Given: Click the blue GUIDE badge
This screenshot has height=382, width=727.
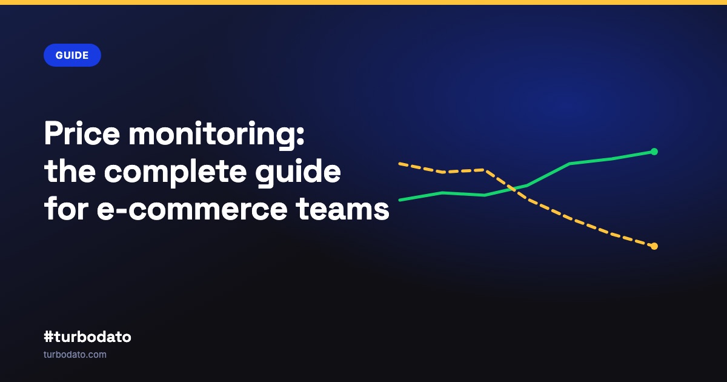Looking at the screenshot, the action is [72, 55].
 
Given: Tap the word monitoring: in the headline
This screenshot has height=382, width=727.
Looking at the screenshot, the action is [217, 135].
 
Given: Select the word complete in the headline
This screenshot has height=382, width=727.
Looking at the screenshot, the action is [175, 173].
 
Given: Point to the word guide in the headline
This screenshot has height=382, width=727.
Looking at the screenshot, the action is [298, 172].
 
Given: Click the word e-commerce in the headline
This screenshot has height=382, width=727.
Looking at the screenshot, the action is [192, 209].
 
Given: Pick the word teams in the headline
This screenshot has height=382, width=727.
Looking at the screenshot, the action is [343, 209].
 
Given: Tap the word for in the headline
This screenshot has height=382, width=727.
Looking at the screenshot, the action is [66, 208].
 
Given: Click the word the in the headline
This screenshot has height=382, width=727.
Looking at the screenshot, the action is [70, 170].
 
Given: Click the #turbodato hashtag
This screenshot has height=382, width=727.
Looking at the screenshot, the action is [87, 337].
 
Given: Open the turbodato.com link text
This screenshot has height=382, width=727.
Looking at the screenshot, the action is [75, 354].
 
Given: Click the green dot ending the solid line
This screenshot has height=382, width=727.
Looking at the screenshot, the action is [654, 152].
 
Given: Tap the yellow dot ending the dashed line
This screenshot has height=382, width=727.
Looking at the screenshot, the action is [654, 246].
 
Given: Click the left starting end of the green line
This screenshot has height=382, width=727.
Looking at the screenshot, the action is [399, 200].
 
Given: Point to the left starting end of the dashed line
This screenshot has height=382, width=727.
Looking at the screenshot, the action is [399, 164].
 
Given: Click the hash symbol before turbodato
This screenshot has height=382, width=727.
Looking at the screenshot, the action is [48, 337].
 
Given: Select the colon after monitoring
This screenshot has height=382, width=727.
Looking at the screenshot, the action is [301, 136].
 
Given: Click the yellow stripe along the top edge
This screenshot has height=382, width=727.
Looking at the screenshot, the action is [363, 2].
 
